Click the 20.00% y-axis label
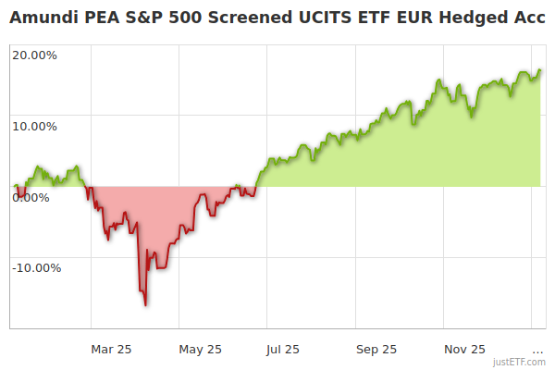34,55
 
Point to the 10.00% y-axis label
34,126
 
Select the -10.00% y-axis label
36,268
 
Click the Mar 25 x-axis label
111,349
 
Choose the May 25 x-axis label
200,349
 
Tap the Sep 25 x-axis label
376,349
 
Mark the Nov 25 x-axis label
464,349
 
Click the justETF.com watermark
519,362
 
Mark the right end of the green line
541,70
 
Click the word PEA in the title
104,17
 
